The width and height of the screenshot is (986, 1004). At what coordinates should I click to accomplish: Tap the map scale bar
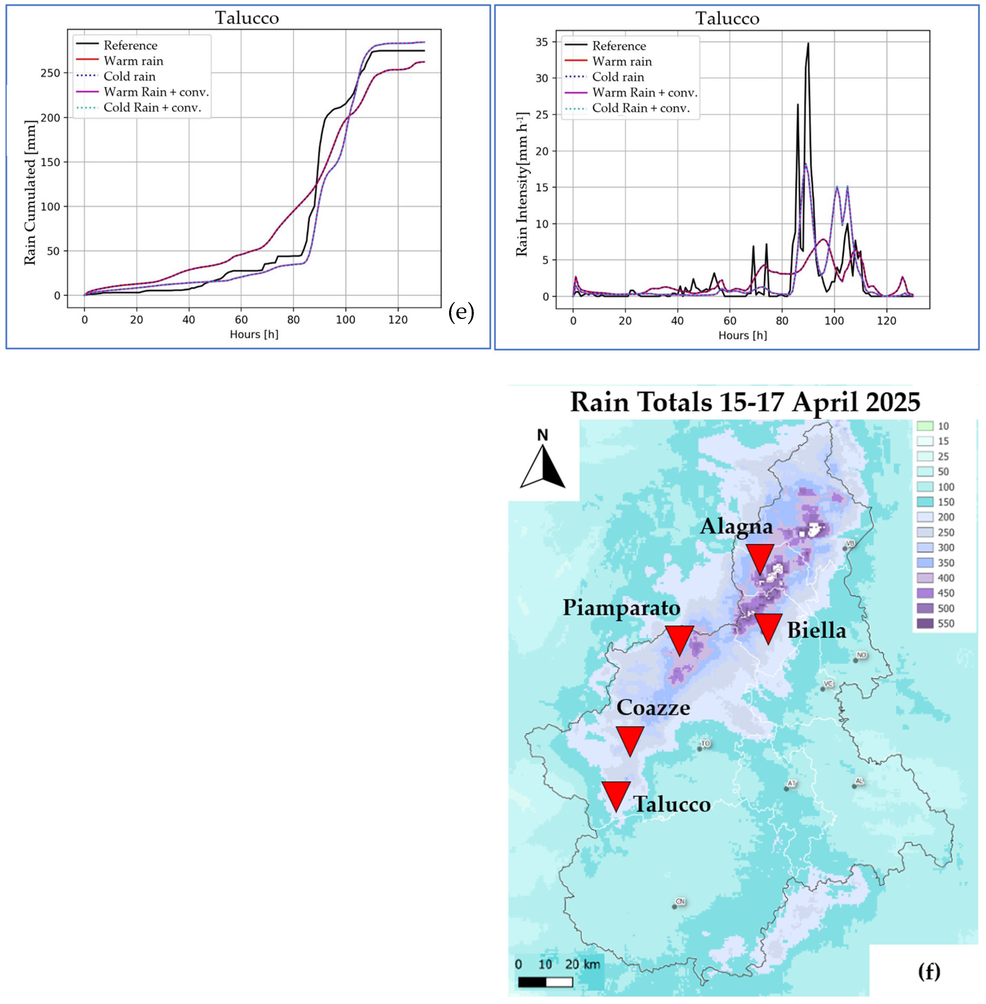coord(545,982)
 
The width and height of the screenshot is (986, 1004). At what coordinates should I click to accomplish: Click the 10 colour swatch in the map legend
coord(925,426)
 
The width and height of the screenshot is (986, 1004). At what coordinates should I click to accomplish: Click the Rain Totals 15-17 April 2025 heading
coord(745,402)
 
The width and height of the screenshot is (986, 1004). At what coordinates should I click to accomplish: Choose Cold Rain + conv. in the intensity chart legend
coord(641,108)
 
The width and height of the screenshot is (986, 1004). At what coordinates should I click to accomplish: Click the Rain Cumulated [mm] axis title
coord(31,193)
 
